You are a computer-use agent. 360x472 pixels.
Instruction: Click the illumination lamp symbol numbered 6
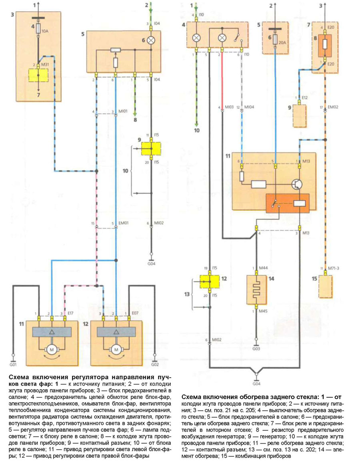click(x=151, y=40)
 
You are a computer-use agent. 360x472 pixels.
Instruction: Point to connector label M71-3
click(x=334, y=268)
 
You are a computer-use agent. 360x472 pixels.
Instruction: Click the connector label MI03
click(x=228, y=108)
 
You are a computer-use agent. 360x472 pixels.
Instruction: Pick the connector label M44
click(x=262, y=268)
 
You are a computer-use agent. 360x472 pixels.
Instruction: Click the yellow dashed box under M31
click(x=38, y=76)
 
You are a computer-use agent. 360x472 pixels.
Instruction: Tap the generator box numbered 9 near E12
click(x=300, y=115)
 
